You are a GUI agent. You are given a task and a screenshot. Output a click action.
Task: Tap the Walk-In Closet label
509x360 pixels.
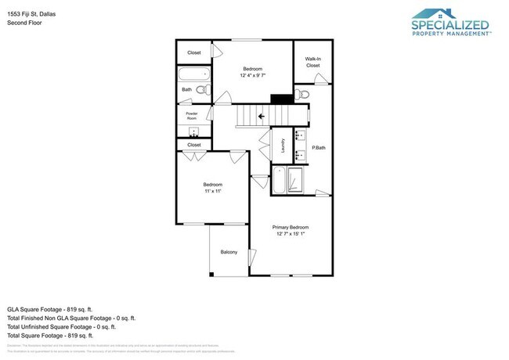click(312, 63)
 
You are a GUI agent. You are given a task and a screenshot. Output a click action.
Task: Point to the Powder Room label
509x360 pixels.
click(191, 116)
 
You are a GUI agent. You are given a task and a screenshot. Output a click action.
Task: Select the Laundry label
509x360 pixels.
click(283, 146)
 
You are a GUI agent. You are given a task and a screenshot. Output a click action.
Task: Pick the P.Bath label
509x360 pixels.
click(319, 148)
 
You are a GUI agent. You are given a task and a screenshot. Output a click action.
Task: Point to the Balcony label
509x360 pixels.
click(229, 253)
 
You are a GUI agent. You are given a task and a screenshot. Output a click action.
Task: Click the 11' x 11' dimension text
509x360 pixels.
click(214, 190)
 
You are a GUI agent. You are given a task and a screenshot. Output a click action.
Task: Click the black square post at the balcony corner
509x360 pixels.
click(211, 274)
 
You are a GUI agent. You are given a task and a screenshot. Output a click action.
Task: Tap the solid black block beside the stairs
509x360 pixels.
click(279, 99)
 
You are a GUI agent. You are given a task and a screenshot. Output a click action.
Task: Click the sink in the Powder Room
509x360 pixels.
click(193, 131)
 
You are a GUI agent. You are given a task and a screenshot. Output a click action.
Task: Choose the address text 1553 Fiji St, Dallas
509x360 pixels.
click(34, 14)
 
